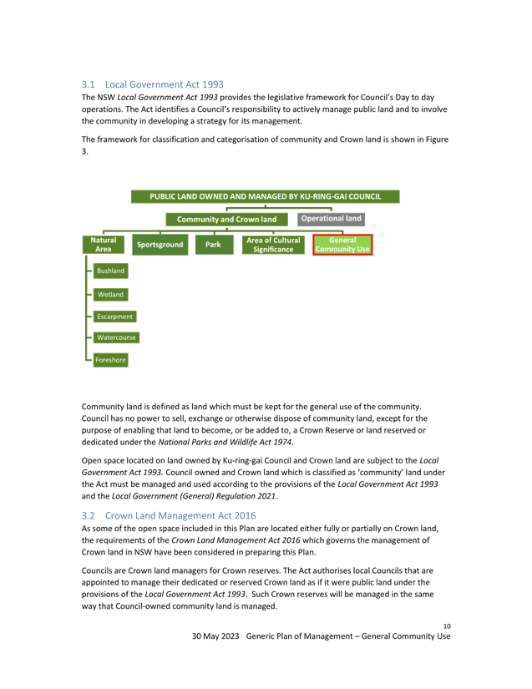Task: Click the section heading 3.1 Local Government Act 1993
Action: click(153, 84)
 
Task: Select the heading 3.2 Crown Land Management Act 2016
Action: click(169, 515)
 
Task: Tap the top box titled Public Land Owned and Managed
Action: click(266, 196)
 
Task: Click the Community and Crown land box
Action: click(226, 220)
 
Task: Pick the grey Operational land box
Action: click(332, 219)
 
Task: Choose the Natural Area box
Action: click(104, 245)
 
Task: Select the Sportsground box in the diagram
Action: click(160, 245)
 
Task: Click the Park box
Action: click(213, 245)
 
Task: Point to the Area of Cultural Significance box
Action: click(273, 245)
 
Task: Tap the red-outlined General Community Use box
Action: click(342, 245)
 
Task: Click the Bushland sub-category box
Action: click(111, 271)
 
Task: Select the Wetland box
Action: click(111, 295)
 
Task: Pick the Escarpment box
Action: click(114, 317)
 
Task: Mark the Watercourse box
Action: click(116, 337)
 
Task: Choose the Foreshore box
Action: click(111, 360)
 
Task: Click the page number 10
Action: click(447, 626)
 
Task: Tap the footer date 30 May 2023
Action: click(215, 636)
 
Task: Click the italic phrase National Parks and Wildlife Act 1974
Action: click(225, 442)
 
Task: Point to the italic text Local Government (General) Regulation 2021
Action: click(194, 496)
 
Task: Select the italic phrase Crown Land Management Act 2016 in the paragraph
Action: click(236, 540)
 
